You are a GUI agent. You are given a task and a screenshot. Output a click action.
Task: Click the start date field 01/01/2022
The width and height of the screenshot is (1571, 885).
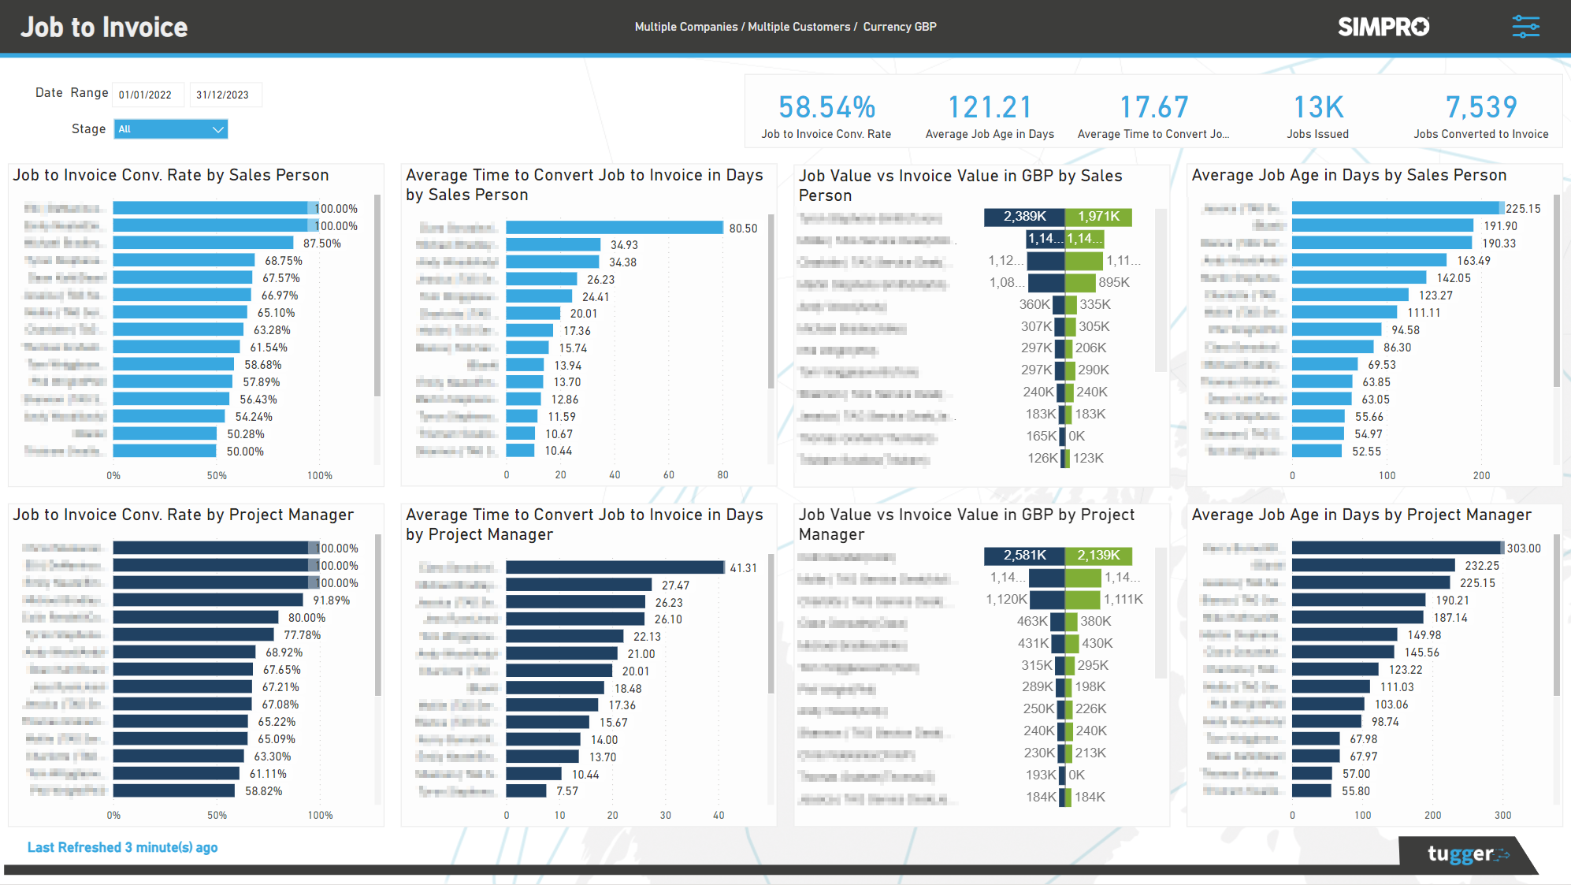click(x=147, y=95)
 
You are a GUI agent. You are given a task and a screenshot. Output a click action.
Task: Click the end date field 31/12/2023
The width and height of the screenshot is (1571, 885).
click(x=224, y=95)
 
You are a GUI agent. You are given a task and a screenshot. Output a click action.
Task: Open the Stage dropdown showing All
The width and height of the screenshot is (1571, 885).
click(x=171, y=129)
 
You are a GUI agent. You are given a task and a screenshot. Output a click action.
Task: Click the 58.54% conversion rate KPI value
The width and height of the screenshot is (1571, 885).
click(x=826, y=107)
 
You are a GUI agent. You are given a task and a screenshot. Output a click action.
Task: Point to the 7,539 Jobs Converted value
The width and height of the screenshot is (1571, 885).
click(x=1480, y=107)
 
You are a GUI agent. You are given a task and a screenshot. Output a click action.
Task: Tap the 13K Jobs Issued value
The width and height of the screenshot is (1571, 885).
click(x=1318, y=107)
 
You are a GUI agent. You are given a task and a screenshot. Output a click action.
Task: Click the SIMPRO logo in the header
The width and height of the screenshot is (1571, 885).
click(x=1383, y=27)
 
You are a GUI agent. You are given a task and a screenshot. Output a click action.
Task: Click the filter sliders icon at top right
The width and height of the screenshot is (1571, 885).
click(x=1525, y=27)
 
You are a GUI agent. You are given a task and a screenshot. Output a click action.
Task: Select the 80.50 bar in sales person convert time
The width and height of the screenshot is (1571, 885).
click(x=614, y=228)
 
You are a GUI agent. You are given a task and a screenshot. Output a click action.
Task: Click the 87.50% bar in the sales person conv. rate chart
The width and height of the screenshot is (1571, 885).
click(x=202, y=244)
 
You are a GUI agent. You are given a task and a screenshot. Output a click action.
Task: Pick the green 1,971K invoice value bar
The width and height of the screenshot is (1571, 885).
click(x=1098, y=217)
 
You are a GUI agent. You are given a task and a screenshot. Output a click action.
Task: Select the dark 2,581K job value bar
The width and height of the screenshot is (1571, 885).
click(x=1024, y=556)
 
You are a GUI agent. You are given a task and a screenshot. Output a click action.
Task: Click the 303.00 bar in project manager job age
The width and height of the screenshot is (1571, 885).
click(x=1397, y=548)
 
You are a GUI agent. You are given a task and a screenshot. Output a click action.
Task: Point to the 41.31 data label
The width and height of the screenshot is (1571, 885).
click(x=743, y=568)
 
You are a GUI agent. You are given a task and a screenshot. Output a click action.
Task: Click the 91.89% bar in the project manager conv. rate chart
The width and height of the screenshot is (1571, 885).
click(x=208, y=601)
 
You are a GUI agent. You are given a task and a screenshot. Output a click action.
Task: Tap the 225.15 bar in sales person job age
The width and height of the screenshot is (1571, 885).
click(x=1397, y=208)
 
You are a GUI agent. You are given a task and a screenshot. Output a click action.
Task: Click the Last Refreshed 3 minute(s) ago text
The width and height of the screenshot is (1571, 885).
click(x=122, y=847)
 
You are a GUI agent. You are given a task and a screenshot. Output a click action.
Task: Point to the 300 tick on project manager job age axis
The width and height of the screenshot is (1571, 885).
click(x=1502, y=816)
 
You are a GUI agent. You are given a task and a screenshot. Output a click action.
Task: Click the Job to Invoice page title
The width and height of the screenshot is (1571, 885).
click(x=104, y=28)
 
